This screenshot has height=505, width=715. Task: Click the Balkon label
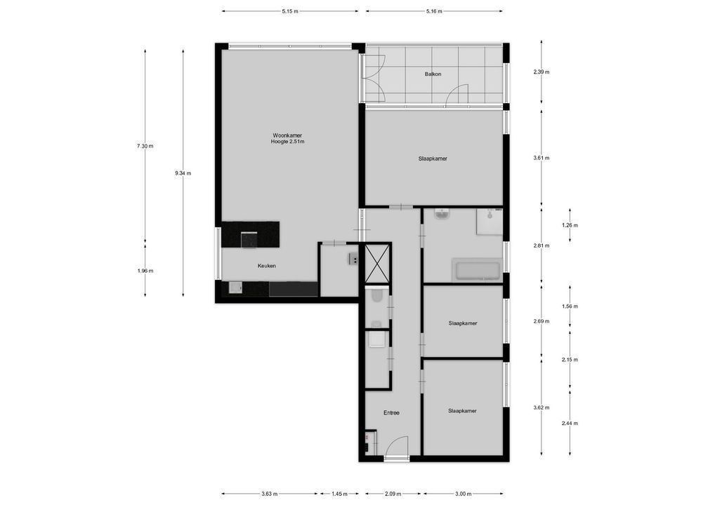tap(432, 74)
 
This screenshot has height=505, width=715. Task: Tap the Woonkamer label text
tap(287, 135)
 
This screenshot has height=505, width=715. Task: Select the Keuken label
tap(266, 266)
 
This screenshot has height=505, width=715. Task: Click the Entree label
tap(391, 412)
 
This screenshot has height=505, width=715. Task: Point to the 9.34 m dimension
tap(183, 173)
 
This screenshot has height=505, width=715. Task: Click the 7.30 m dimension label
tap(145, 146)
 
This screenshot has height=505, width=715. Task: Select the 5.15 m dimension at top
tap(289, 11)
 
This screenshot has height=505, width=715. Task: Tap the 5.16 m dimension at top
tap(434, 11)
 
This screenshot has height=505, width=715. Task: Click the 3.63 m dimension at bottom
tap(269, 494)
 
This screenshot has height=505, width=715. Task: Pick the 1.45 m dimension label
tap(338, 494)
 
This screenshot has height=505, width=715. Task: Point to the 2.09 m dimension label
tap(393, 494)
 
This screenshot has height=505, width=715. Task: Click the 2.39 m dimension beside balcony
tap(541, 72)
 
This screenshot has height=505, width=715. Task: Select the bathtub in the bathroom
tap(478, 270)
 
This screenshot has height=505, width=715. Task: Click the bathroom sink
tap(442, 215)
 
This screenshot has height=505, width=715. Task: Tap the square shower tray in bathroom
tap(490, 222)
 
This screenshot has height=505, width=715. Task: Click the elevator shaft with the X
tap(377, 264)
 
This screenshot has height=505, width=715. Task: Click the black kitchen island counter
tap(251, 234)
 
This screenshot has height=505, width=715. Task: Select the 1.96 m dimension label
tap(145, 271)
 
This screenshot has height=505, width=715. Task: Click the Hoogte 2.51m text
tap(287, 142)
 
